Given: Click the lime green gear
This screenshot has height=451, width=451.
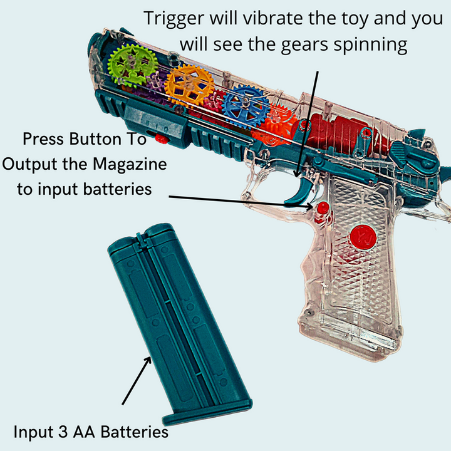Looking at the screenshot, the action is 132,65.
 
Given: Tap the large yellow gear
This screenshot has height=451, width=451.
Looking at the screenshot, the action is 189,85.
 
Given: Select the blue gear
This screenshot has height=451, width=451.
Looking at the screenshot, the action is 246,105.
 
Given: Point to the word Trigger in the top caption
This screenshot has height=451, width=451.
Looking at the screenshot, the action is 174,19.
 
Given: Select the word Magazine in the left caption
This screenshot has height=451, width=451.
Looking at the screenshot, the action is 130,165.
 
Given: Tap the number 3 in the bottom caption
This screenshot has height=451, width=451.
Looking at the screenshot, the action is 63,432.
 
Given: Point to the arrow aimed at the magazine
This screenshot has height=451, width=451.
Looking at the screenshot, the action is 137,381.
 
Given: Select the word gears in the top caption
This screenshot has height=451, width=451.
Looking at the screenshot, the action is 304,46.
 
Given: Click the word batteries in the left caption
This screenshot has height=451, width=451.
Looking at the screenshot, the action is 117,189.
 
